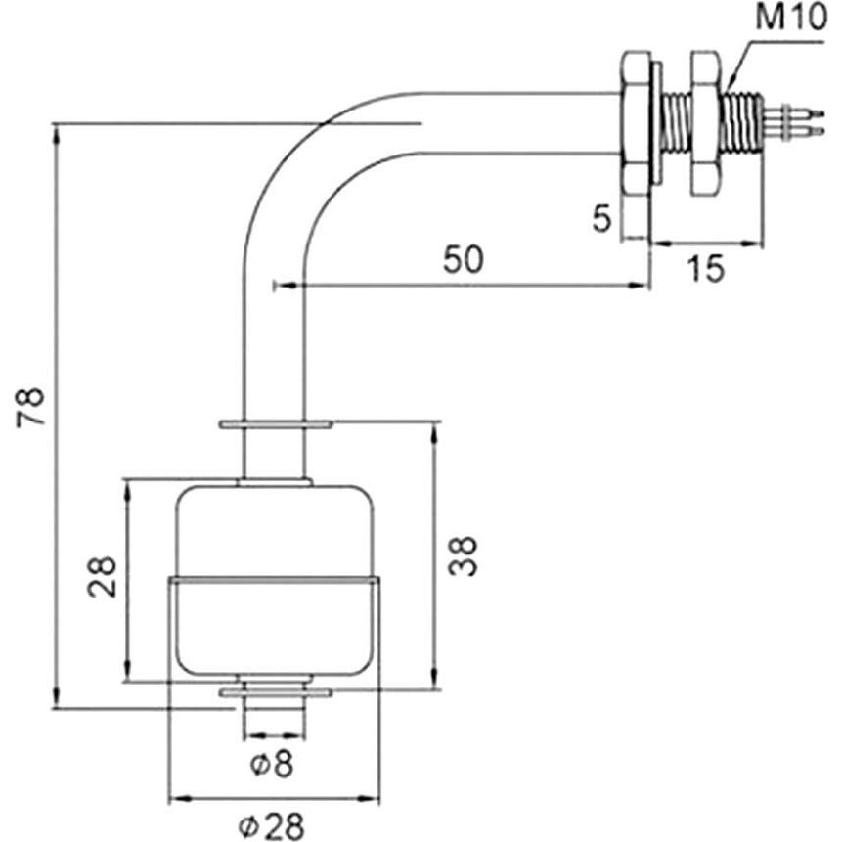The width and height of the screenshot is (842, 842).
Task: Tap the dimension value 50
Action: pos(463,261)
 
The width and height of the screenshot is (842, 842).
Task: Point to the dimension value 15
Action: pos(706,266)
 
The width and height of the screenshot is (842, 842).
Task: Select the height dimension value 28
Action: pos(102,577)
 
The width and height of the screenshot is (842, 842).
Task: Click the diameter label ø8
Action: pos(272,764)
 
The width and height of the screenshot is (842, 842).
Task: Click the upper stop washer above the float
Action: pos(276,425)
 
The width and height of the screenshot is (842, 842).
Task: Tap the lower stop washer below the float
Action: pos(276,692)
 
